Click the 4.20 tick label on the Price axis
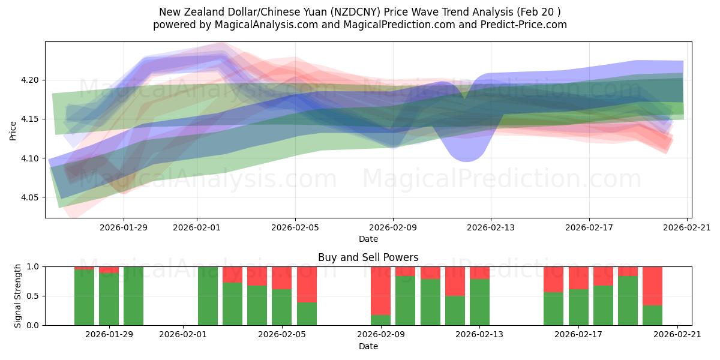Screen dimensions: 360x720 (29, 80)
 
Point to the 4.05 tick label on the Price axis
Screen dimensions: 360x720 (29, 197)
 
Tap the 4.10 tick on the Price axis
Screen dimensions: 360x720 (29, 158)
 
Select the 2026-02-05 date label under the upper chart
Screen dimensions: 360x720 (295, 227)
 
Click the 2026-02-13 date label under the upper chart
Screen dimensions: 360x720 (491, 227)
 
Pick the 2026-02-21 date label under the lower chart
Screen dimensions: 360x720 (677, 335)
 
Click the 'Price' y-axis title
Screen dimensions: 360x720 (13, 130)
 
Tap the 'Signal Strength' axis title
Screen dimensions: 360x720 (18, 295)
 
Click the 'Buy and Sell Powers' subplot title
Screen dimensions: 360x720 (368, 257)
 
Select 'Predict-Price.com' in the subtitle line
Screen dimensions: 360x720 (520, 25)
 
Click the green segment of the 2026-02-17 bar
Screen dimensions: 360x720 (578, 307)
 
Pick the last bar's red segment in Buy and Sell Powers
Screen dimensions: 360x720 (652, 286)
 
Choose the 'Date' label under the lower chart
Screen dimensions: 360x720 (368, 346)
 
